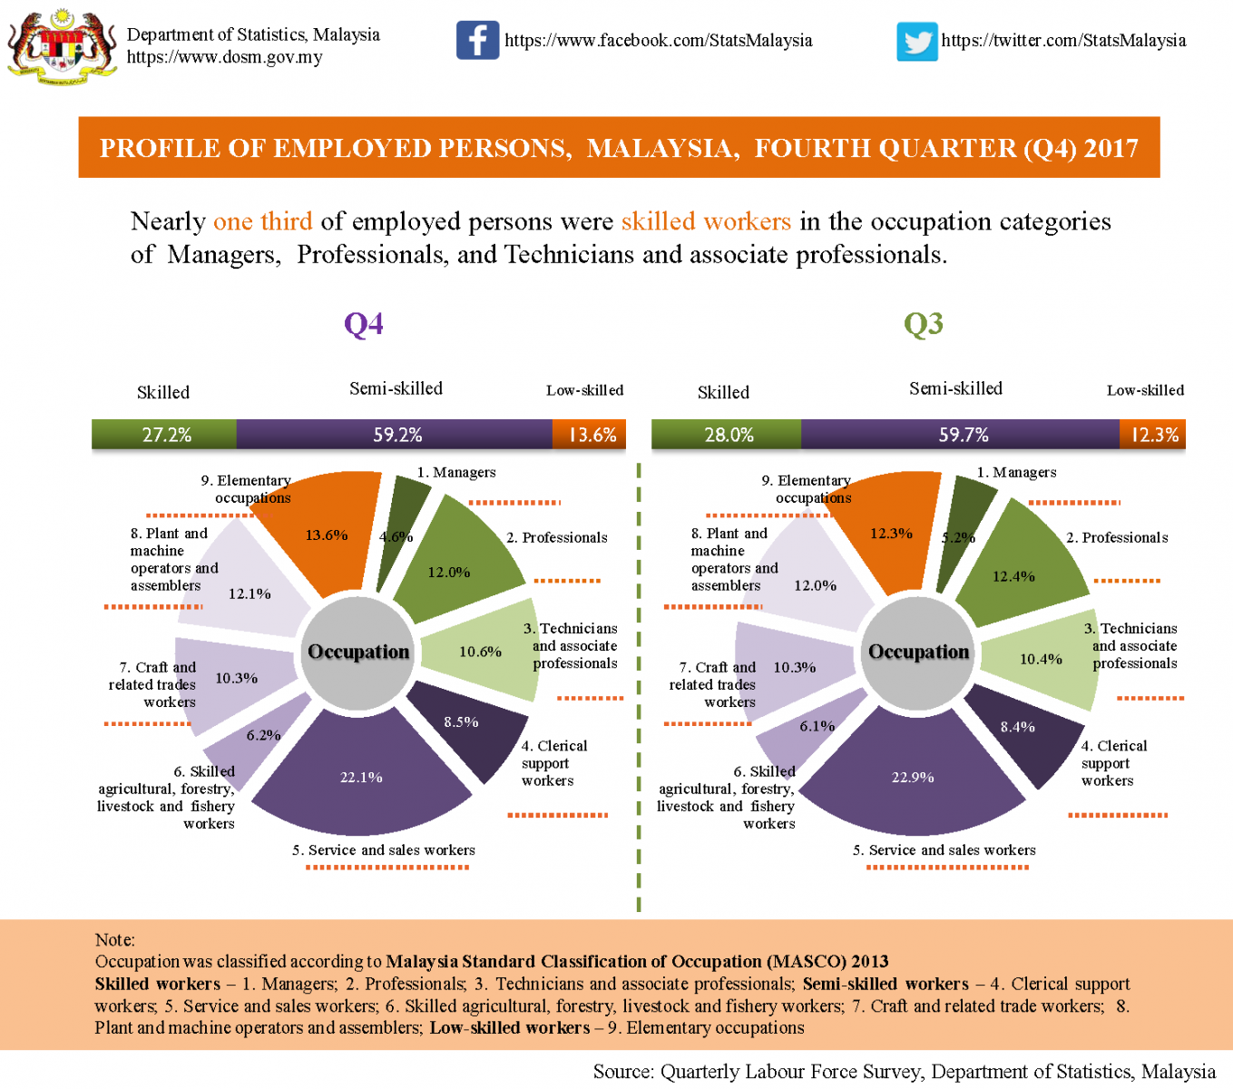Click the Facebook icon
pyautogui.click(x=477, y=40)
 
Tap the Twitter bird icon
pyautogui.click(x=916, y=42)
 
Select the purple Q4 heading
pyautogui.click(x=364, y=323)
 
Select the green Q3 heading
pyautogui.click(x=924, y=323)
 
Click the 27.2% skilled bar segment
pyautogui.click(x=165, y=435)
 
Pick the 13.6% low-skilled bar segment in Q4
pyautogui.click(x=591, y=435)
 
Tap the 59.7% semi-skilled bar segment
pyautogui.click(x=962, y=435)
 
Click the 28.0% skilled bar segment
pyautogui.click(x=728, y=435)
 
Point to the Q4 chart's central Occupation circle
pyautogui.click(x=358, y=652)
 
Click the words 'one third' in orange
pyautogui.click(x=262, y=221)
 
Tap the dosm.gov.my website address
pyautogui.click(x=224, y=57)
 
